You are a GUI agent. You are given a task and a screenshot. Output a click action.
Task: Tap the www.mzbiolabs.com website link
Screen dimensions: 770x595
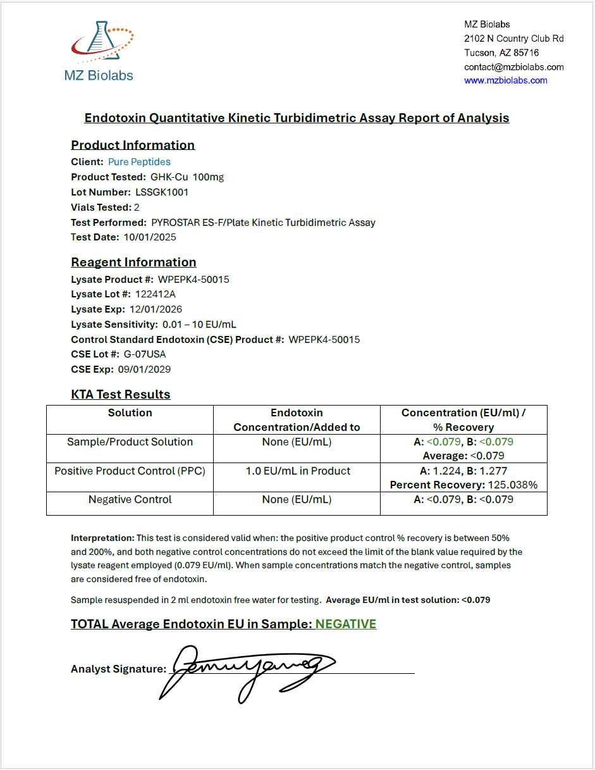(505, 80)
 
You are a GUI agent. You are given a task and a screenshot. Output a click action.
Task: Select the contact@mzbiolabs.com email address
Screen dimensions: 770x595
(513, 67)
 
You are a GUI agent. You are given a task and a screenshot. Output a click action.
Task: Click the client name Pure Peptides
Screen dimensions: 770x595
(139, 162)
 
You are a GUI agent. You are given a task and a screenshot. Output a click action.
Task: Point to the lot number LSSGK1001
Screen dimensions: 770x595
(162, 192)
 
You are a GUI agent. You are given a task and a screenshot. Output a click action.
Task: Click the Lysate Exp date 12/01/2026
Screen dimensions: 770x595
(156, 309)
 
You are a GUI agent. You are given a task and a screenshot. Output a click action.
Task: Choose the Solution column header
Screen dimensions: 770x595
(130, 413)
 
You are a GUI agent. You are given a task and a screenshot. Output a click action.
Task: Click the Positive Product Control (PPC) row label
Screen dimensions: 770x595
(130, 471)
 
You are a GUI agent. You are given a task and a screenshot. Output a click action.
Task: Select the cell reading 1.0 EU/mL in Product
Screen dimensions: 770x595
(298, 471)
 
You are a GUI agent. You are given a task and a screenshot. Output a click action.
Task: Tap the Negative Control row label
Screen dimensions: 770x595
(130, 500)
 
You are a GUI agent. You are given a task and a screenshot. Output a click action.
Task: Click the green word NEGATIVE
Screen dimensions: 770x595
(346, 624)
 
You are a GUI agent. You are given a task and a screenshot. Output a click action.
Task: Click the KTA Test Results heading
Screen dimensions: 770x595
(121, 395)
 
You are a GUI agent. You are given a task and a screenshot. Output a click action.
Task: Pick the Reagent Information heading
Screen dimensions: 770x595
(133, 263)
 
